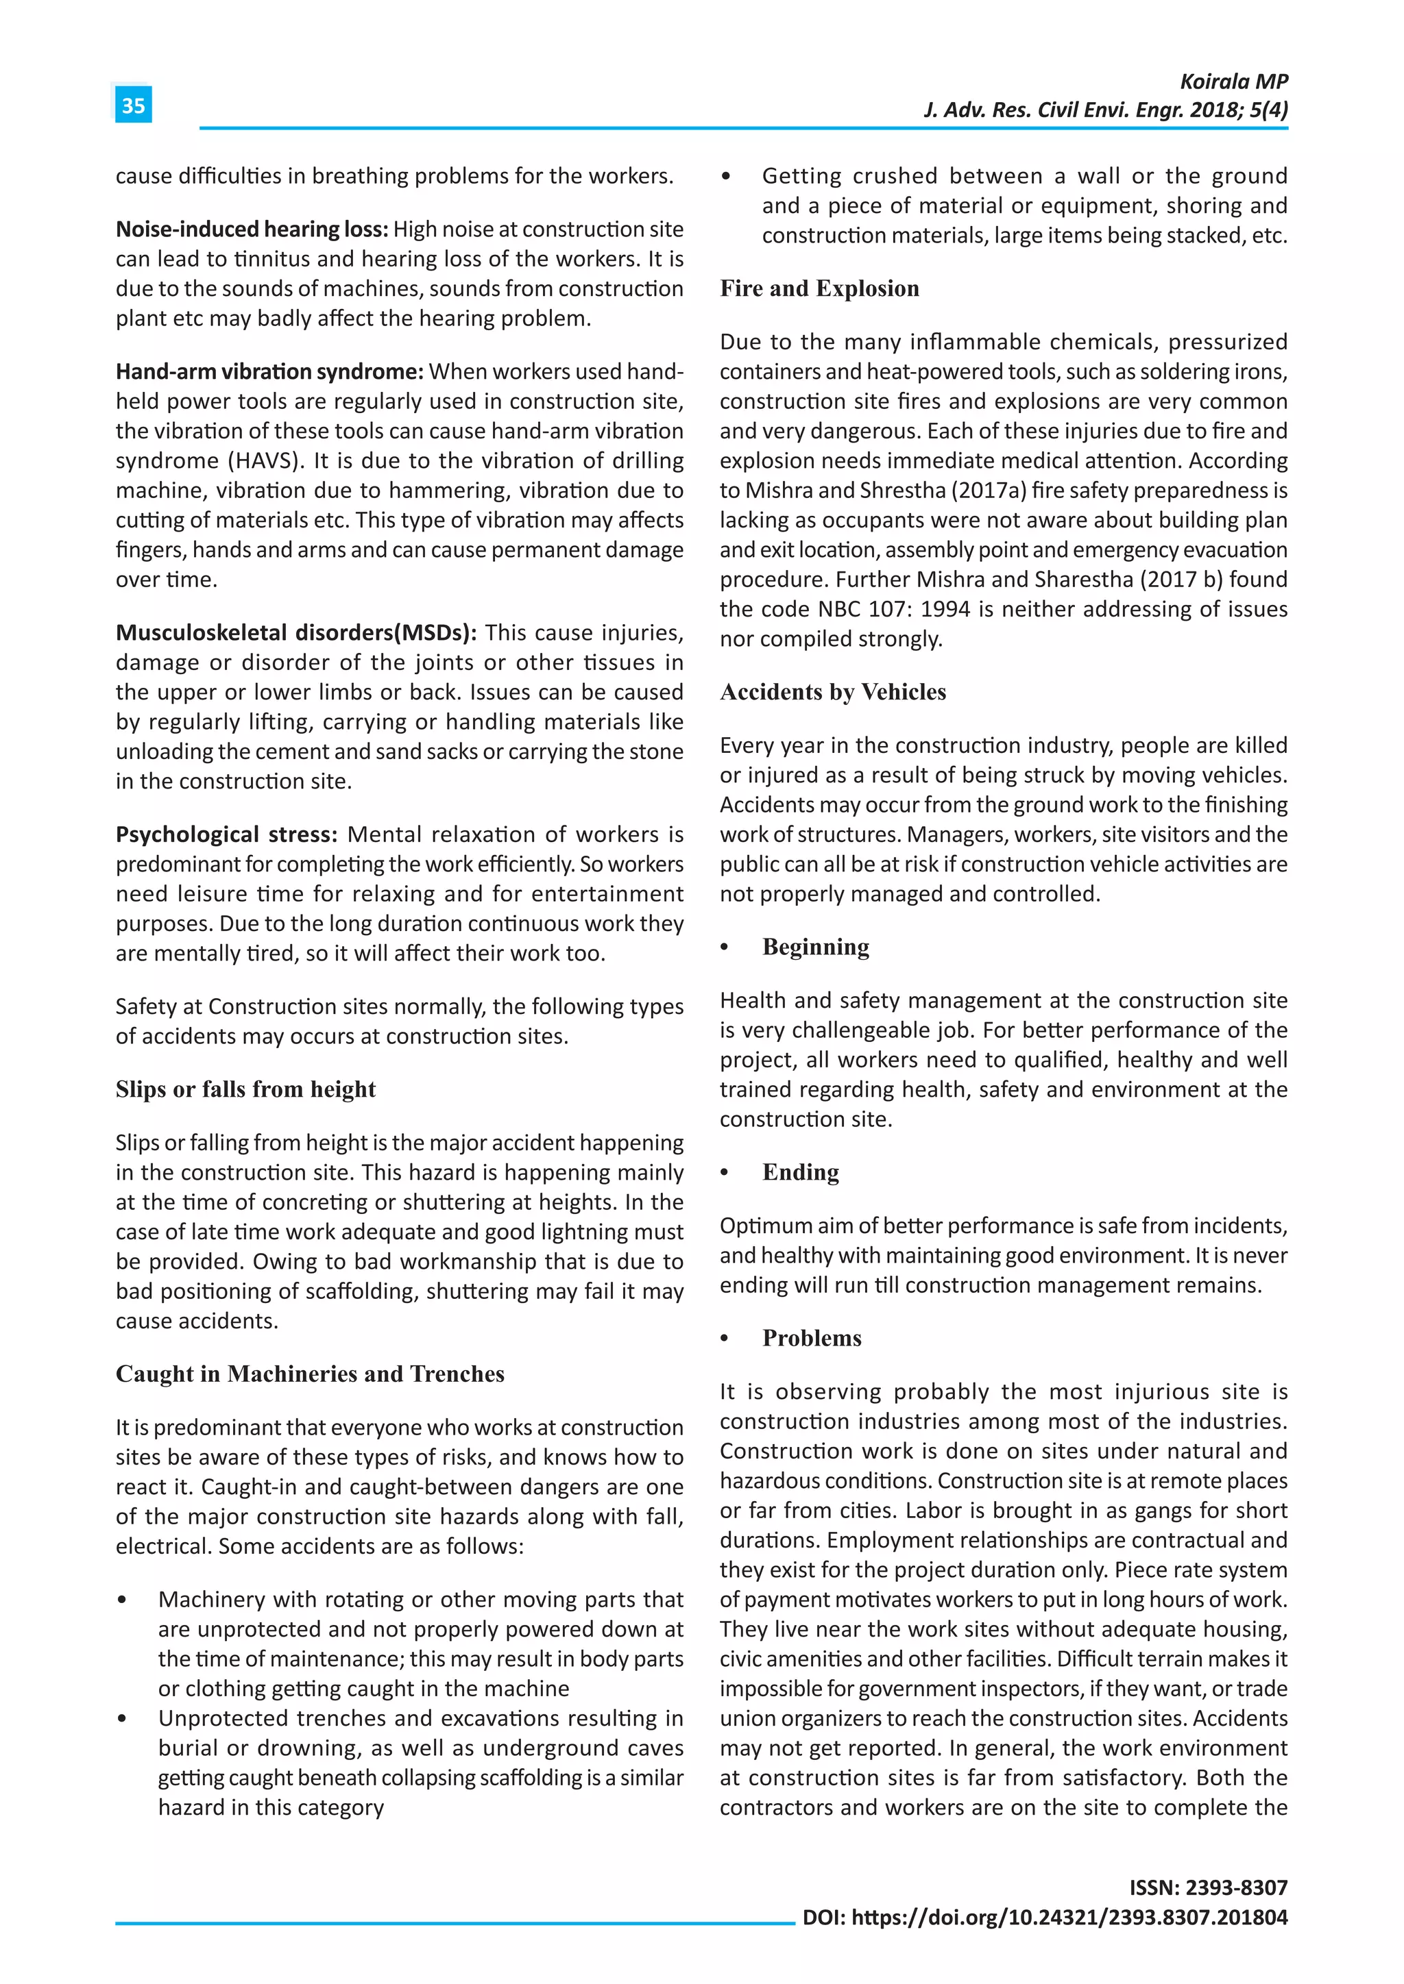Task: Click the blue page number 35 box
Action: click(133, 106)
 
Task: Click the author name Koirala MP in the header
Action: click(1234, 82)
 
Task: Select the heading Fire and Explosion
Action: click(820, 288)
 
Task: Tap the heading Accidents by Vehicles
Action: click(832, 692)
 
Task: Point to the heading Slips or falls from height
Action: click(245, 1090)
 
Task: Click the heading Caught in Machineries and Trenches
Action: click(309, 1374)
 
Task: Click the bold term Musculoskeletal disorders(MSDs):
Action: click(295, 632)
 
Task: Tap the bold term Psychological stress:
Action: click(226, 834)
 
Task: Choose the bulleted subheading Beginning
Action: click(815, 947)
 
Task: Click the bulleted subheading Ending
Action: click(801, 1173)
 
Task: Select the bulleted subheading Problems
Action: click(812, 1339)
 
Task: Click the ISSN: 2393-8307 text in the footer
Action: click(1208, 1887)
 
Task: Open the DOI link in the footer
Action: click(1069, 1918)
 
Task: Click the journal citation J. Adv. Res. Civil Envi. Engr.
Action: click(1056, 110)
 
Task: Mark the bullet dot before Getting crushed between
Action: click(726, 177)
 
